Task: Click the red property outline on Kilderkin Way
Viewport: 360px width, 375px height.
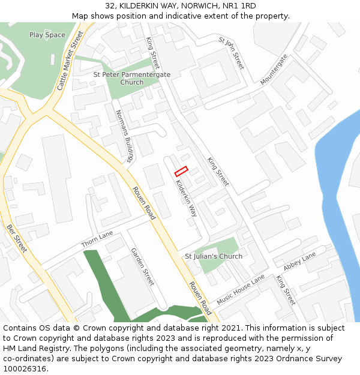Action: tap(181, 172)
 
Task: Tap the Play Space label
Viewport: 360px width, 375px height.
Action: tap(47, 35)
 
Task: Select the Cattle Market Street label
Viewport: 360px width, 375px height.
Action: tap(70, 62)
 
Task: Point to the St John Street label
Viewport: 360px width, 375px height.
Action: tap(232, 53)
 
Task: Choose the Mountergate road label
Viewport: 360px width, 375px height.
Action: tap(274, 69)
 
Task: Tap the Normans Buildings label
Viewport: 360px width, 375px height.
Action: tap(123, 137)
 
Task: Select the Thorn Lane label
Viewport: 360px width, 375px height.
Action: tap(97, 239)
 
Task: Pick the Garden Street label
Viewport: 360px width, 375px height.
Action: tap(143, 266)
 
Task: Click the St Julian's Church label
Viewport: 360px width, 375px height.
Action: tap(214, 256)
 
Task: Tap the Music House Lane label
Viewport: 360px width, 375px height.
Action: tap(241, 289)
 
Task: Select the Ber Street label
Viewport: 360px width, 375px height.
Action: tap(17, 238)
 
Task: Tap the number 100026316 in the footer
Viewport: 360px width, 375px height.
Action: tap(25, 369)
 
